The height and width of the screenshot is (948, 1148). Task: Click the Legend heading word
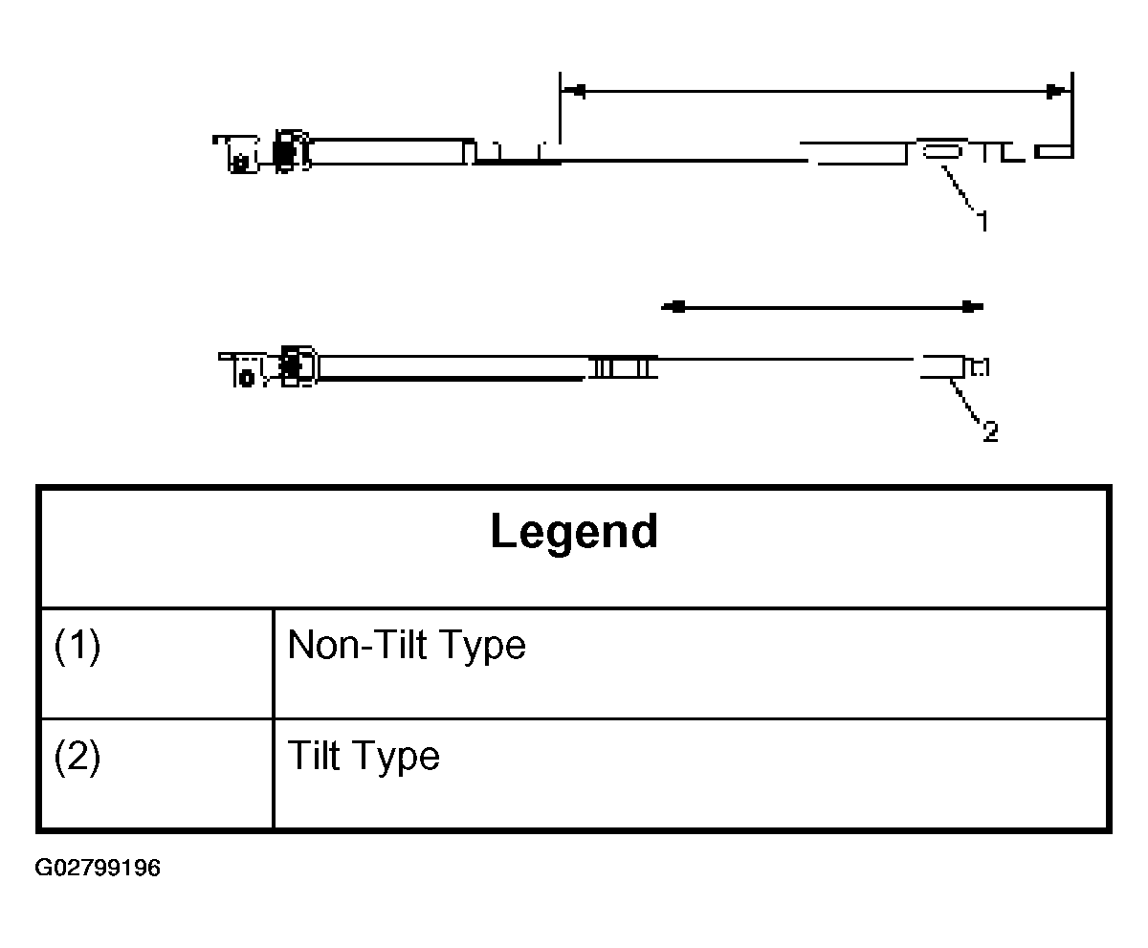pos(574,532)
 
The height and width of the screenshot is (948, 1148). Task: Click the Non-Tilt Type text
pos(407,645)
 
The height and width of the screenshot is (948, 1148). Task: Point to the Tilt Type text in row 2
pos(364,756)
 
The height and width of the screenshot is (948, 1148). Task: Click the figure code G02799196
pos(98,868)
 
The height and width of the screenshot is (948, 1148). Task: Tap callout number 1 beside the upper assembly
pos(983,221)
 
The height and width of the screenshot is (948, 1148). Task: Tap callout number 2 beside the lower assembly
pos(990,431)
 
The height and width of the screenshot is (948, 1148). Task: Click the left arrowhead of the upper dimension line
pos(573,91)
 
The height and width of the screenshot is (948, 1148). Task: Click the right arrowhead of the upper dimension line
pos(1059,91)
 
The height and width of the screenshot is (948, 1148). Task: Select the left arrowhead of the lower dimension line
pos(673,307)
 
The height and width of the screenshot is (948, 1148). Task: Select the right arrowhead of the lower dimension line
pos(972,307)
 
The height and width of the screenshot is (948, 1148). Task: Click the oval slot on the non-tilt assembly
pos(941,151)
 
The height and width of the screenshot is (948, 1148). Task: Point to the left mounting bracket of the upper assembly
pos(237,154)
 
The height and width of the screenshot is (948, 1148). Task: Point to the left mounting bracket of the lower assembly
pos(243,370)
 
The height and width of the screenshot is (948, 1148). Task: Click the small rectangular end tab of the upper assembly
pos(1053,152)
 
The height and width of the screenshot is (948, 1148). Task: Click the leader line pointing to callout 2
pos(965,401)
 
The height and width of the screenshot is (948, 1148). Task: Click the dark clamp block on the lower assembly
pos(290,365)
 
